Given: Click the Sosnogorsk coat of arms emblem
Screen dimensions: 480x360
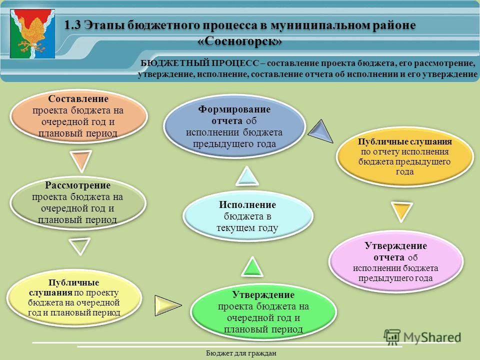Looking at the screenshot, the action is tap(32, 33).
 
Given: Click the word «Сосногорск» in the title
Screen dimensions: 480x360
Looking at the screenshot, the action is tap(239, 40).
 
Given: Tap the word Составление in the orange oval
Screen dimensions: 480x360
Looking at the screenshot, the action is tap(78, 99).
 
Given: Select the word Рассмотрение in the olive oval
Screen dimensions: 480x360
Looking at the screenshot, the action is tap(78, 185).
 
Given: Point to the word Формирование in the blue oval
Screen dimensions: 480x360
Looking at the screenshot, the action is tap(234, 109).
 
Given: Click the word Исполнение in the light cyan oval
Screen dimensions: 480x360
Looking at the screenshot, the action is tap(247, 204).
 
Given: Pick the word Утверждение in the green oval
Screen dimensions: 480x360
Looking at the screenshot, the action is tap(263, 295).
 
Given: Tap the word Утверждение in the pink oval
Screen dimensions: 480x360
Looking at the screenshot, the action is tap(395, 246).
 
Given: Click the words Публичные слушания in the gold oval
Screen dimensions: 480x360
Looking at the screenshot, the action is tap(404, 141).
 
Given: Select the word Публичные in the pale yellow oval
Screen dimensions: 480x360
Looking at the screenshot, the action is tap(74, 282).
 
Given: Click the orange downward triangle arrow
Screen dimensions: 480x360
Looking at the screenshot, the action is tap(81, 160).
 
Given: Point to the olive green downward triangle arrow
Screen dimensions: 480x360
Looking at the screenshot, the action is tap(79, 246).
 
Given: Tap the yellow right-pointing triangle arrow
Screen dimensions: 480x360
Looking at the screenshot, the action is tap(167, 305).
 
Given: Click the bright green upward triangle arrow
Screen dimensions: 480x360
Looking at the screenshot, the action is tap(252, 267).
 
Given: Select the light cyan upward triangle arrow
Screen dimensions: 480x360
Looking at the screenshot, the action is tap(247, 176).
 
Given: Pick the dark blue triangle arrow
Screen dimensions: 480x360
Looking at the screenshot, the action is tap(321, 131).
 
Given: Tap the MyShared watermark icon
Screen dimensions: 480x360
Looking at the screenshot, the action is tap(392, 337).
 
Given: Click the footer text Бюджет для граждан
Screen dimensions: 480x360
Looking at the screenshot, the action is tap(241, 353).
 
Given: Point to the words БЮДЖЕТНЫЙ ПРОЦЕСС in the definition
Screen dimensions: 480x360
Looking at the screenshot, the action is tap(199, 63).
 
